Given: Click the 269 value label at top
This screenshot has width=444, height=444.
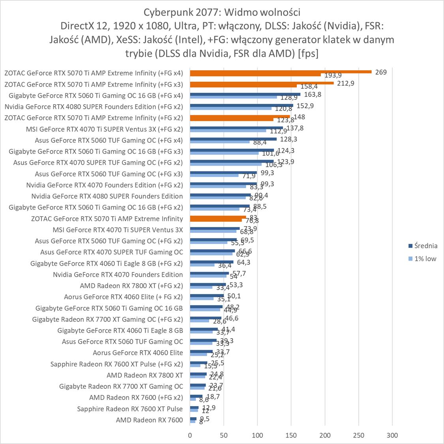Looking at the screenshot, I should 381,72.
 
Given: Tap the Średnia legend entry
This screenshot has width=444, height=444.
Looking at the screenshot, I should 423,246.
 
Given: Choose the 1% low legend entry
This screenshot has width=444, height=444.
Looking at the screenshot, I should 423,259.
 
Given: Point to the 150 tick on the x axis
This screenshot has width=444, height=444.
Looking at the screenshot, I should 291,435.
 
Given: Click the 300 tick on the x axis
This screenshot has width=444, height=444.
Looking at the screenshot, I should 392,435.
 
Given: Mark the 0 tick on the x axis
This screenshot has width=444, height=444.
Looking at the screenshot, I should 190,435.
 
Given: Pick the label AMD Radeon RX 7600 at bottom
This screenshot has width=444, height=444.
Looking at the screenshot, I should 149,420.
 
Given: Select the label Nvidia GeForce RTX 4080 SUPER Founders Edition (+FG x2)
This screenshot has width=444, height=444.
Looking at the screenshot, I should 94,107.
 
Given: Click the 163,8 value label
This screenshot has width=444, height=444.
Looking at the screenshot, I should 313,95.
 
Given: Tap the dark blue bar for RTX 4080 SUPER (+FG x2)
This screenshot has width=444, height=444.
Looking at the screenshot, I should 241,105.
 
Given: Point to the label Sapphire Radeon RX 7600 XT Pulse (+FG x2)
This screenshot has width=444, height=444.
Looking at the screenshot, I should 116,364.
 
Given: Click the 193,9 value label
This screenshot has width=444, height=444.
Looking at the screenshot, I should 333,75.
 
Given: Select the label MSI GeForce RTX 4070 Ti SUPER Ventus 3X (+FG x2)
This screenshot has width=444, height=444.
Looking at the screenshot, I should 104,129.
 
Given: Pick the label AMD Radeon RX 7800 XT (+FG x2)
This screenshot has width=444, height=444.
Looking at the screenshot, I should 131,286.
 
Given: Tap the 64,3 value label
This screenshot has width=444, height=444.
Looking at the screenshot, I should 244,262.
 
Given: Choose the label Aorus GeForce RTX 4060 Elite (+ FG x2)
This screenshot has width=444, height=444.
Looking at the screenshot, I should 123,297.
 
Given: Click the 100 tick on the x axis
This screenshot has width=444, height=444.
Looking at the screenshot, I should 257,435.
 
